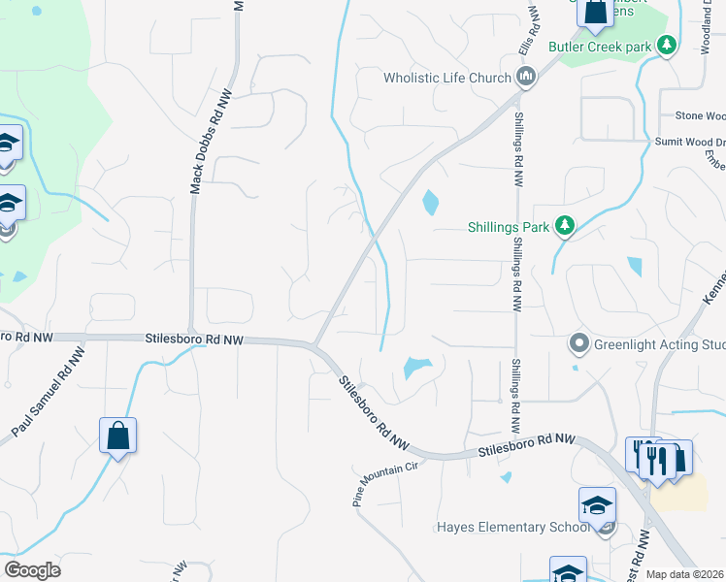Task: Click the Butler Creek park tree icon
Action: coord(667,46)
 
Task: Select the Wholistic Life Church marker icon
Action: coord(526,78)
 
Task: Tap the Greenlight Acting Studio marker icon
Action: coord(579,343)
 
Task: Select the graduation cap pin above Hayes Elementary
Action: coord(597,503)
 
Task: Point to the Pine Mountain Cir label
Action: coord(383,484)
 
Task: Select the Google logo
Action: coord(32,570)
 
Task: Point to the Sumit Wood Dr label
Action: coord(687,142)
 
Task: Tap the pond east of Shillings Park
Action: coord(635,266)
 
